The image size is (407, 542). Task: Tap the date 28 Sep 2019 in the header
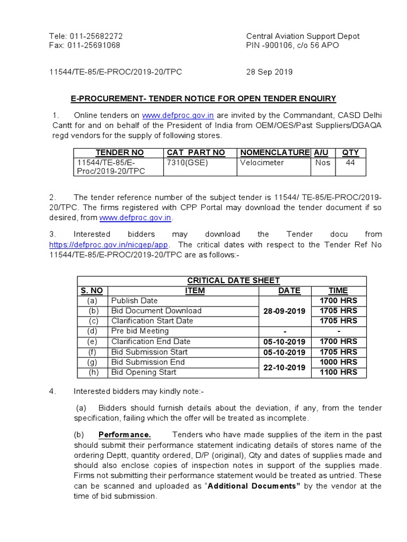coord(269,72)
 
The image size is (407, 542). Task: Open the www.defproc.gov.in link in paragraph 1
coord(178,115)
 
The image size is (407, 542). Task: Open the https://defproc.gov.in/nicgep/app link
coord(109,245)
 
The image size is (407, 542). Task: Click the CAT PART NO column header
coord(196,152)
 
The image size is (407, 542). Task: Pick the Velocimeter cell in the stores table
coord(262,163)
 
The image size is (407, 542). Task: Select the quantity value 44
coord(350,163)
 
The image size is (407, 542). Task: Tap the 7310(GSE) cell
coord(187,163)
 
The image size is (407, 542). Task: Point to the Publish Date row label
coord(135,301)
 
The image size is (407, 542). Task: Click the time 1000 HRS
coord(338,362)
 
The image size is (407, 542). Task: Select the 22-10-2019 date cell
coord(284,367)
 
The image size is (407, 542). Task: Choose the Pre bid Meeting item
coord(140,331)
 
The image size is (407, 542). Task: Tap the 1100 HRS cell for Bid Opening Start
coord(338,372)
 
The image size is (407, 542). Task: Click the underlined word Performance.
coord(125,435)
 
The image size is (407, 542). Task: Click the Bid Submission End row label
coord(148,362)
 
